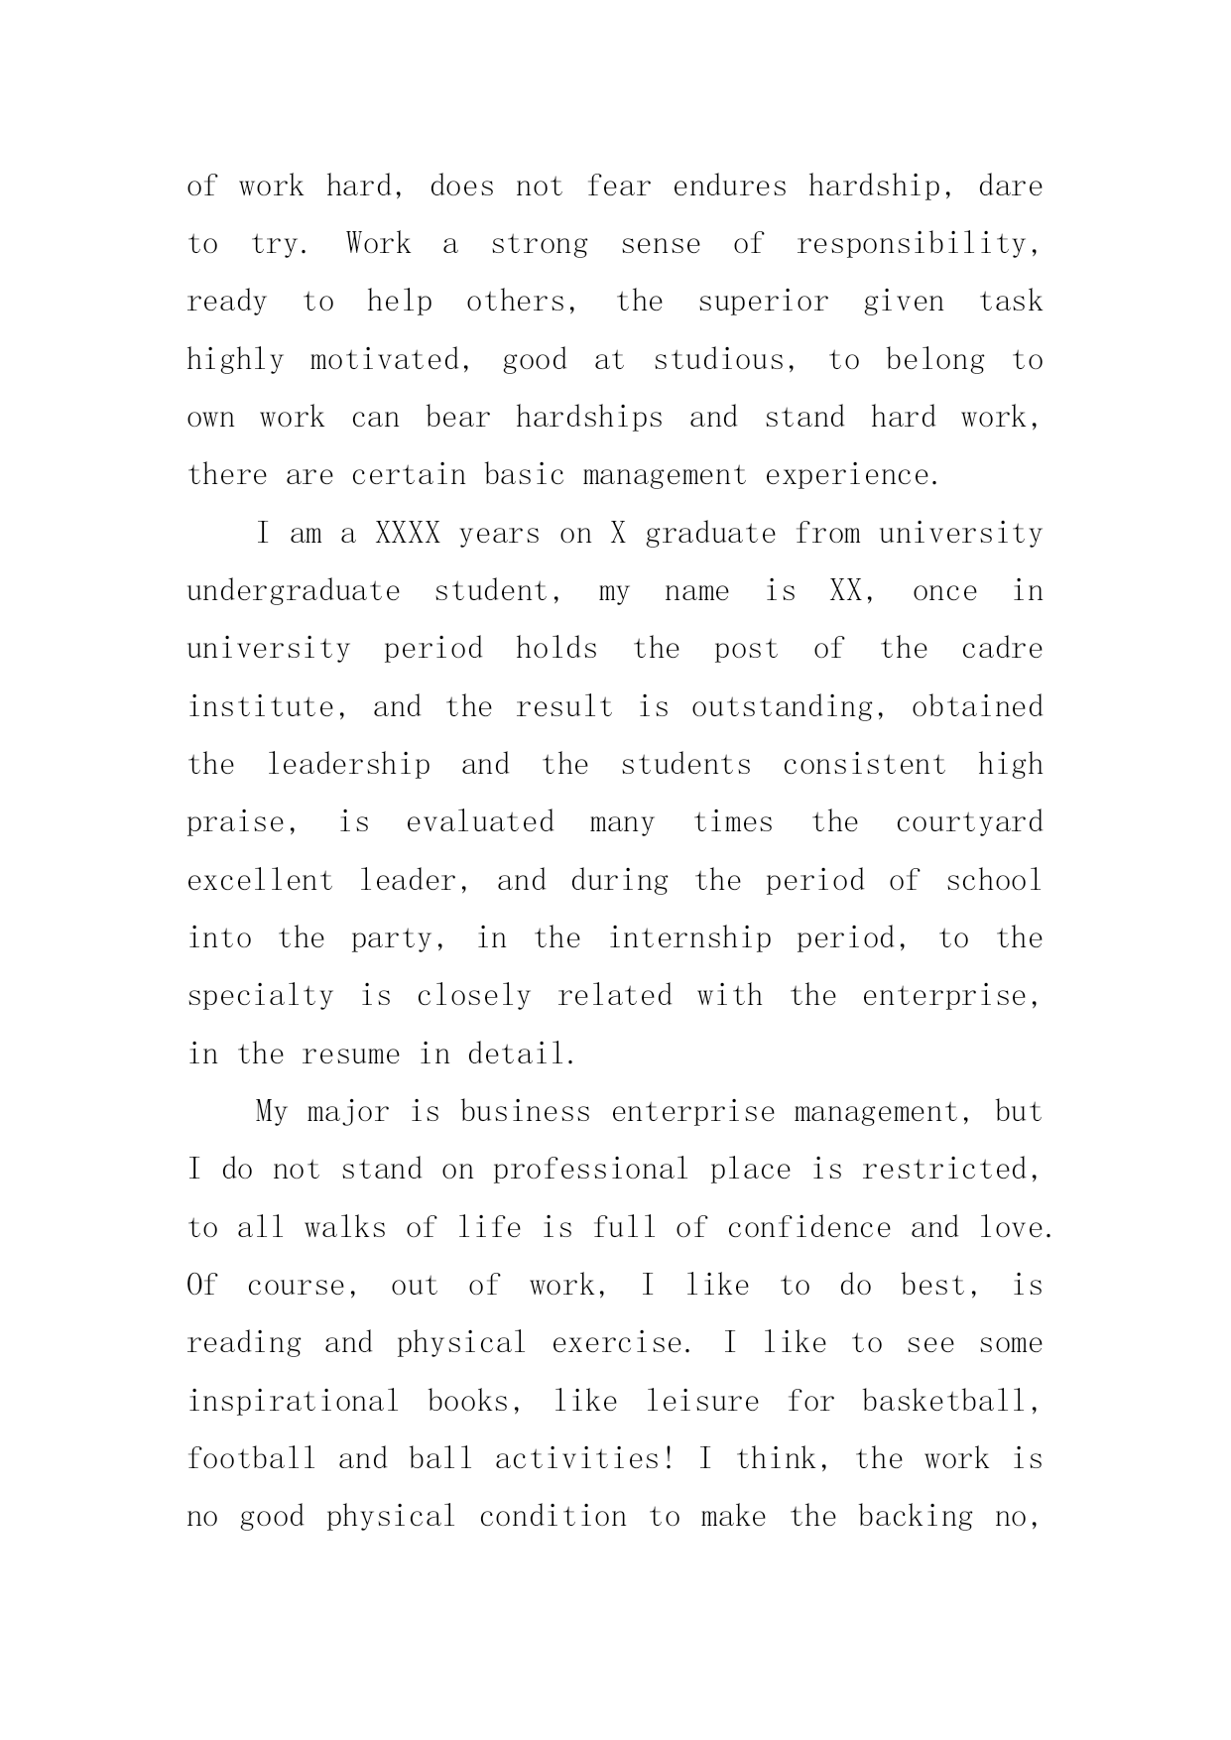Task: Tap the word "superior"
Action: click(x=763, y=303)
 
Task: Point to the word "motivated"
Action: click(x=386, y=360)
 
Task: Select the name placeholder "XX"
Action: click(x=845, y=591)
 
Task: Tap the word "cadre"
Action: click(x=1002, y=650)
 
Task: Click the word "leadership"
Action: click(x=349, y=765)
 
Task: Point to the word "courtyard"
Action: click(x=969, y=823)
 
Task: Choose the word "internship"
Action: click(x=689, y=938)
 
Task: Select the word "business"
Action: click(x=525, y=1112)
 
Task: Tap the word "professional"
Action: click(x=590, y=1171)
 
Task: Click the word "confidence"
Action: click(x=809, y=1228)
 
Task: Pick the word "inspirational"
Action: click(x=294, y=1402)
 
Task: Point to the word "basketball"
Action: click(x=949, y=1402)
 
